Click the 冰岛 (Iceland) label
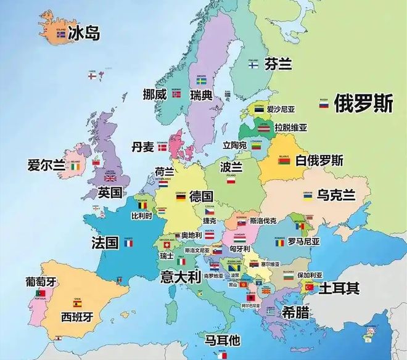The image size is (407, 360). pos(84,33)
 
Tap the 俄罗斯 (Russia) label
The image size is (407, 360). pos(363,104)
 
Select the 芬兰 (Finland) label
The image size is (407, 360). pos(278,63)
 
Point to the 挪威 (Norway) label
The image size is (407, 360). pos(154,95)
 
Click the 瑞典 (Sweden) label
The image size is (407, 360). pos(202,96)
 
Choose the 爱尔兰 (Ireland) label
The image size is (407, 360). pos(46,165)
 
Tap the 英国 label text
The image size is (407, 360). pos(110,192)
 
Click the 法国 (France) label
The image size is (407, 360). pos(105,242)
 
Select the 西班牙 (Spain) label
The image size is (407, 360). pos(78,317)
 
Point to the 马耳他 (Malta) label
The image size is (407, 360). pos(223,340)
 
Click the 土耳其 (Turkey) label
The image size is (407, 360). pos(339,288)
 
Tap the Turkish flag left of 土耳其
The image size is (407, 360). pos(309,288)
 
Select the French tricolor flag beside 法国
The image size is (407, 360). pos(128,243)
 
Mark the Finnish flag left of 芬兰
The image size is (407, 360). pos(253,65)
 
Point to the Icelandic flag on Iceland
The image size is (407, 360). pos(61,35)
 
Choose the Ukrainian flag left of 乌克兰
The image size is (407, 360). pos(306,196)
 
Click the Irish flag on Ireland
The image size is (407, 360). pos(75,166)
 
